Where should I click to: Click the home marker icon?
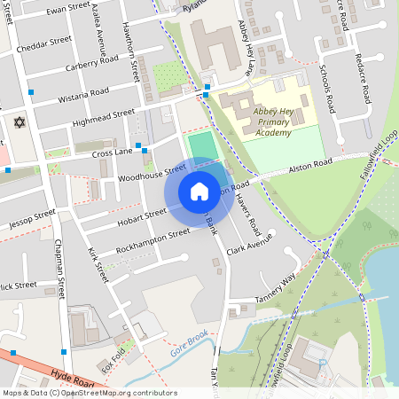click(199, 192)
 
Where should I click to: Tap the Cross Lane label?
click(111, 153)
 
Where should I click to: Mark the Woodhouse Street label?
click(152, 172)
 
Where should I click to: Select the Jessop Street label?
click(27, 216)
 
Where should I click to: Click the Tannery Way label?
click(275, 285)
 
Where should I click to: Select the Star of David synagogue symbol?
click(19, 121)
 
